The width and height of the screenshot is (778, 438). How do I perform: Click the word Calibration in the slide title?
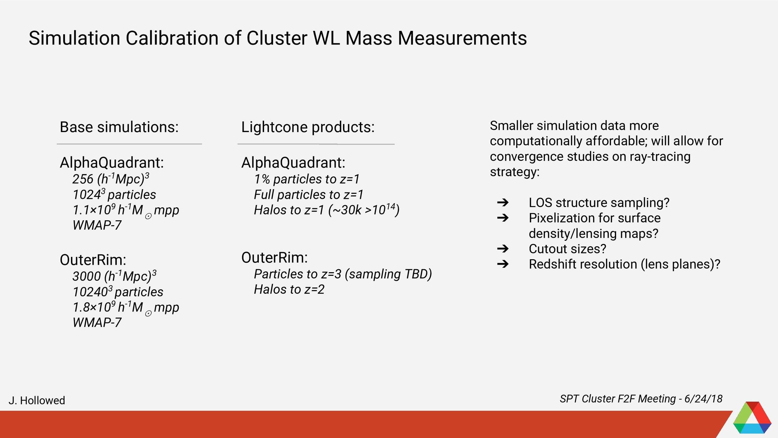172,38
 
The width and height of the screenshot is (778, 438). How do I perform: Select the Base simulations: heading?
119,127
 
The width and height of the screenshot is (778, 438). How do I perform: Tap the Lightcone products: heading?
308,127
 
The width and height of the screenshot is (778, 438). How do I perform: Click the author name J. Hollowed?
37,400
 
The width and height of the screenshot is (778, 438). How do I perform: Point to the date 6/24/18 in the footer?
703,399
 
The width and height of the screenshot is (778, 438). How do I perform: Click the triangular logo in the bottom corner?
752,419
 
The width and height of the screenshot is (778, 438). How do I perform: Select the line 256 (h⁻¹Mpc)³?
111,179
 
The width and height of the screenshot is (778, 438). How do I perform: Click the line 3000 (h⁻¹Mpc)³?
114,276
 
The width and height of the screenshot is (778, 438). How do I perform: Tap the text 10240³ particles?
118,292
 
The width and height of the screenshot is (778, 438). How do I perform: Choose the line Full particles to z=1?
308,195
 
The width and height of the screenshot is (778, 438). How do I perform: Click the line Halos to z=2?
289,289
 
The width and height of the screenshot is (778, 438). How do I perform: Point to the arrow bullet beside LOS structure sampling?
503,203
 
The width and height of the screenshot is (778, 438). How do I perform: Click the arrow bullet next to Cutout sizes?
503,249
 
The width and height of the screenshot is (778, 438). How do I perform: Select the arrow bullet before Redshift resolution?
503,264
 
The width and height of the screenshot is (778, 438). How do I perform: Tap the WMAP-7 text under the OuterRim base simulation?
97,322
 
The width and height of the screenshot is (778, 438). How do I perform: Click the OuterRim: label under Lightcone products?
274,258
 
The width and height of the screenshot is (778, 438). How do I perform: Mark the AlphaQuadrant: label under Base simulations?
112,163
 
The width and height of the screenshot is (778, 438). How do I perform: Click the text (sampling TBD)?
388,274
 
